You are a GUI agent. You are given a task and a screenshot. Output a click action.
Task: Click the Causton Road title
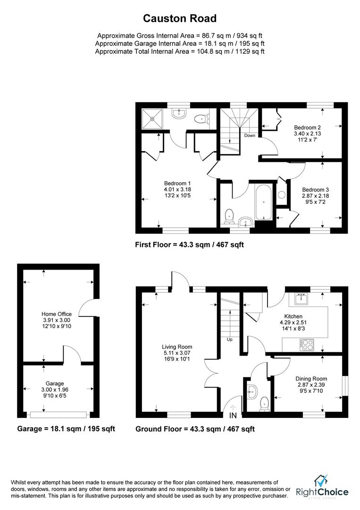coord(180,18)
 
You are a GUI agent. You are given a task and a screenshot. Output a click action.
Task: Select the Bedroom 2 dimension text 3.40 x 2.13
coord(307,134)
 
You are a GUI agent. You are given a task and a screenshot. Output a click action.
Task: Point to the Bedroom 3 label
coord(316,190)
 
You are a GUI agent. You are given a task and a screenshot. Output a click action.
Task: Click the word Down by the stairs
coord(250,136)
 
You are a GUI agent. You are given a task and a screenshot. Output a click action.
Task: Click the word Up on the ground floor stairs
coord(230,340)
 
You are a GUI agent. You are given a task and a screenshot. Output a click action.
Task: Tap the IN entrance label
coord(233,416)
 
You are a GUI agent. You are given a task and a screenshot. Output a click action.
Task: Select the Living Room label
coord(177,347)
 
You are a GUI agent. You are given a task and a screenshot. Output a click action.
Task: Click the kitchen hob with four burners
coord(307,345)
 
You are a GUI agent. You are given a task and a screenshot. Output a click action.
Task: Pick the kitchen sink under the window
coord(302,298)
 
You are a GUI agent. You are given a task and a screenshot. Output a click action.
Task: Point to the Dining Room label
coord(311,379)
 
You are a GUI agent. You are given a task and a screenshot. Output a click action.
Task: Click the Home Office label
coord(57,314)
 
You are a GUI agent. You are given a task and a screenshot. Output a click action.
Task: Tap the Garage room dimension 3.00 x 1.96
coord(55,390)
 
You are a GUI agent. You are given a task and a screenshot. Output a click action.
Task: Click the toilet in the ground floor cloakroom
coord(264,404)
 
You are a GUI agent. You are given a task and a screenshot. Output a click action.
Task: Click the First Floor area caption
coord(189,245)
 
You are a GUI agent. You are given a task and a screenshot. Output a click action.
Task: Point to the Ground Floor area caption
coord(195,429)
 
